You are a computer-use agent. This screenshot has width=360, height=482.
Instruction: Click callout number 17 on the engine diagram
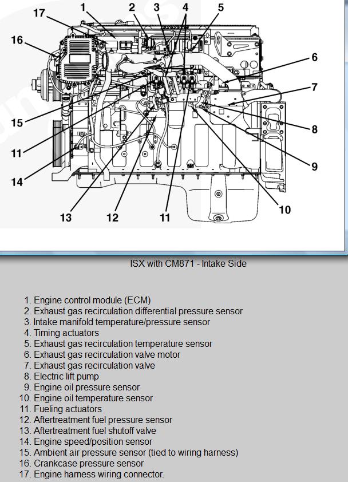(39, 13)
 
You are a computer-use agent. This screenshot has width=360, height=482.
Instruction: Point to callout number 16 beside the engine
(17, 40)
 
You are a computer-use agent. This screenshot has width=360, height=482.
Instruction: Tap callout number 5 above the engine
(220, 7)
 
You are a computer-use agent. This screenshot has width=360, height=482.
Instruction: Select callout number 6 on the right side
(314, 57)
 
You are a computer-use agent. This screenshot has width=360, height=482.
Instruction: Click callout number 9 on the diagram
(314, 167)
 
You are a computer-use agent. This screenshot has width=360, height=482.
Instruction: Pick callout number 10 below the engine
(284, 210)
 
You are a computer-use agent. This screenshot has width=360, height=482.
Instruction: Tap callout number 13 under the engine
(66, 218)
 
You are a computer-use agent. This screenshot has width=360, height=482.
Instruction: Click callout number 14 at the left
(17, 182)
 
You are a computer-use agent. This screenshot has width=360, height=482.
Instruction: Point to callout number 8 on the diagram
(314, 129)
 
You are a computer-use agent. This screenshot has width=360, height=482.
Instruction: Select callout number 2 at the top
(132, 7)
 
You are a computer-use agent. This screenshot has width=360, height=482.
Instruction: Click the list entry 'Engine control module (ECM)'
(92, 300)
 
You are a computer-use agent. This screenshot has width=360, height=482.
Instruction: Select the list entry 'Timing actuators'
(66, 333)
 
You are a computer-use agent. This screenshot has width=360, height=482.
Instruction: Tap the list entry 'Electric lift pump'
(66, 376)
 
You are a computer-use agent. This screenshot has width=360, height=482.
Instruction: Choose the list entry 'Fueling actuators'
(68, 409)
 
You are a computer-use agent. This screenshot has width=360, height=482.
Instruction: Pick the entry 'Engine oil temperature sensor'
(93, 398)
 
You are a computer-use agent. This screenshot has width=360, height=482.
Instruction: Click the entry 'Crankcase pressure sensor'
(88, 463)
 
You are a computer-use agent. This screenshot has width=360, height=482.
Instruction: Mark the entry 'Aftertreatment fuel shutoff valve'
(94, 430)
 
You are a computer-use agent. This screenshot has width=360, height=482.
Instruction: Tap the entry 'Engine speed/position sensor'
(93, 441)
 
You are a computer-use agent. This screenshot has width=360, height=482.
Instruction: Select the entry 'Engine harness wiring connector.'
(98, 474)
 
